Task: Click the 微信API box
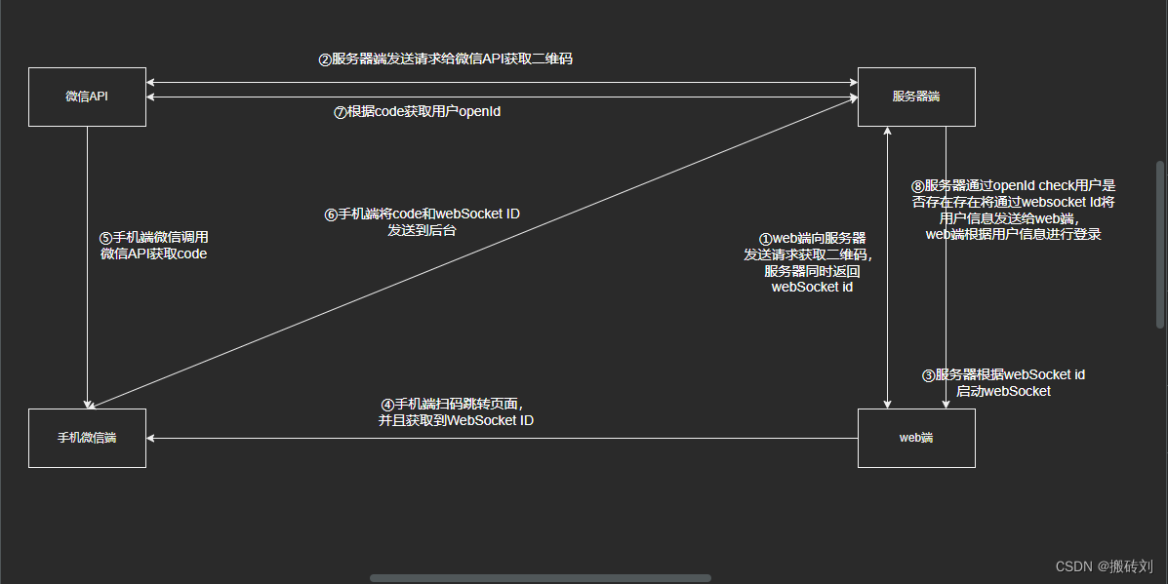point(87,97)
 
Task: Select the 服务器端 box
point(915,97)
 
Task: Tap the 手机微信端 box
point(87,438)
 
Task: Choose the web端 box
point(915,438)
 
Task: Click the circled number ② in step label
point(326,59)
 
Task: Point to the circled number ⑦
point(341,112)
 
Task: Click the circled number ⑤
point(106,237)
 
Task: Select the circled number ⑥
point(331,214)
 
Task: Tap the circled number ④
point(387,405)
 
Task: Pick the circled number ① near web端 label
point(765,239)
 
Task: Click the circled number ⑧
point(917,185)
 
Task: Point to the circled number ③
point(929,375)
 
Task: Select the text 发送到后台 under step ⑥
point(422,231)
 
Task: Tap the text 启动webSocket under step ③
point(1003,391)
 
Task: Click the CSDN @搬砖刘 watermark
point(1105,565)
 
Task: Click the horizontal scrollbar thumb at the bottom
point(540,578)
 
